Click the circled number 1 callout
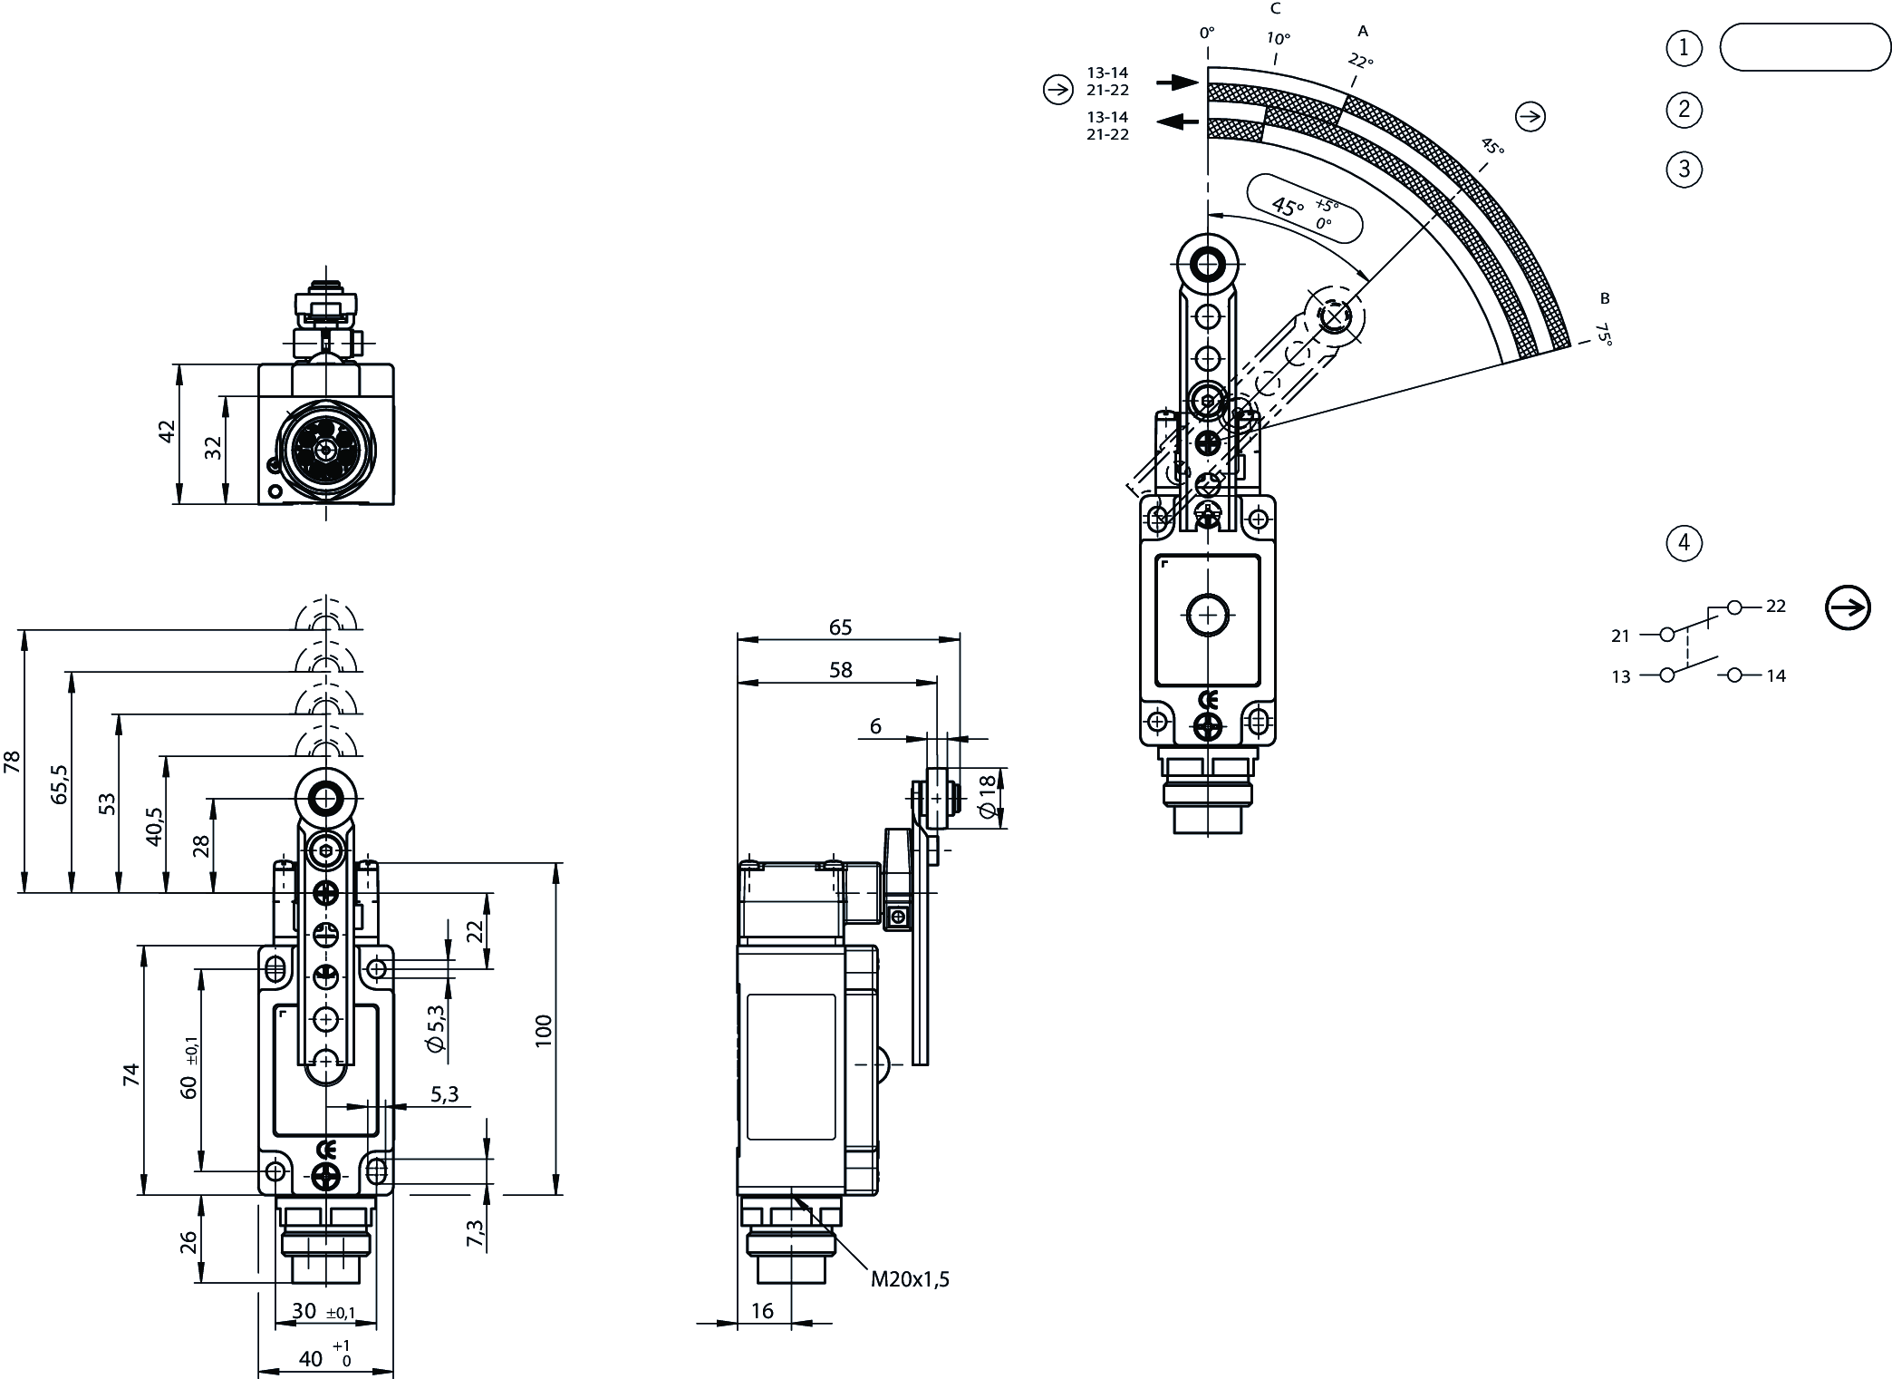pyautogui.click(x=1684, y=47)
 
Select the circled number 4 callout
pyautogui.click(x=1684, y=543)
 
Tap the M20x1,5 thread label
pyautogui.click(x=910, y=1279)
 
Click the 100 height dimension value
pyautogui.click(x=543, y=1031)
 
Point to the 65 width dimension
pyautogui.click(x=840, y=627)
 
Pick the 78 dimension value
pyautogui.click(x=12, y=761)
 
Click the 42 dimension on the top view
pyautogui.click(x=166, y=432)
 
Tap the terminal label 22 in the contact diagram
pyautogui.click(x=1776, y=607)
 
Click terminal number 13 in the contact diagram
pyautogui.click(x=1621, y=676)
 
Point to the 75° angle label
pyautogui.click(x=1603, y=335)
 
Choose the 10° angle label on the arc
pyautogui.click(x=1278, y=39)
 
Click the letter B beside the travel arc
pyautogui.click(x=1605, y=298)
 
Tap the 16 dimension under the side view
pyautogui.click(x=763, y=1311)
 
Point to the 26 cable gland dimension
pyautogui.click(x=188, y=1241)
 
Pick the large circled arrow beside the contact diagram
pyautogui.click(x=1848, y=607)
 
